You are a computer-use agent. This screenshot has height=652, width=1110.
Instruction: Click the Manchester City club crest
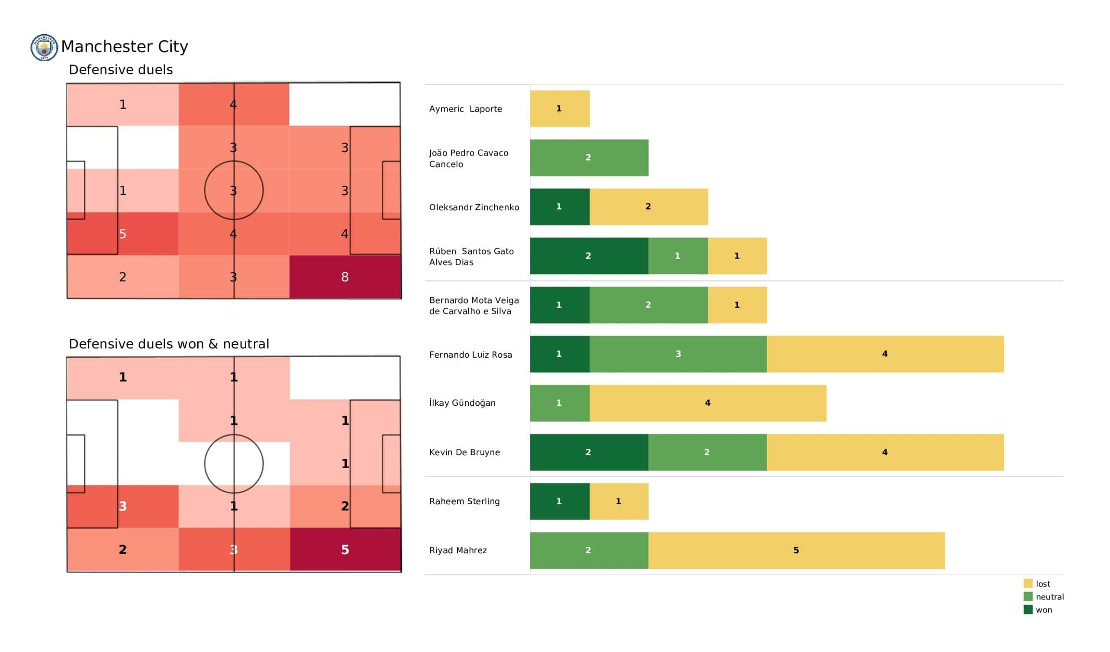[44, 47]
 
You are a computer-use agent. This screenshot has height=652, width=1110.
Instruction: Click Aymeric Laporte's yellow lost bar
[559, 109]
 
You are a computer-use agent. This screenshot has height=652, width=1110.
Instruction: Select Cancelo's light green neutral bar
[589, 158]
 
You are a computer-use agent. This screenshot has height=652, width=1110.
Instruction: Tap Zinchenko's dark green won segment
[559, 207]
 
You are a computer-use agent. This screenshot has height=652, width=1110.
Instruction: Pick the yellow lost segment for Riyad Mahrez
[796, 550]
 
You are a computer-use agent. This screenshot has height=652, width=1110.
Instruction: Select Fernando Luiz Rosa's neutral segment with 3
[678, 354]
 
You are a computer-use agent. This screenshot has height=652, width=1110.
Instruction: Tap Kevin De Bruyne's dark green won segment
[589, 453]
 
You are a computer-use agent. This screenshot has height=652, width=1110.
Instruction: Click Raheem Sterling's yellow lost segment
[618, 501]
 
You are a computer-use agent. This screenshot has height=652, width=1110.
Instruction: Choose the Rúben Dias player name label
[471, 256]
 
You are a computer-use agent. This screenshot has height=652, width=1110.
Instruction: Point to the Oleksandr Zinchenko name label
[474, 208]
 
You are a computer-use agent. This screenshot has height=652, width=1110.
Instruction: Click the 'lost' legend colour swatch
[1028, 584]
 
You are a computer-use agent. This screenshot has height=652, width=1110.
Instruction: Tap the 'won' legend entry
[1044, 610]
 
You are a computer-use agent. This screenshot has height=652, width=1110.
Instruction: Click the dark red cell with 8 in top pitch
[345, 277]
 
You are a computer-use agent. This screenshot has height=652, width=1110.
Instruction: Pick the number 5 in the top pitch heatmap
[123, 234]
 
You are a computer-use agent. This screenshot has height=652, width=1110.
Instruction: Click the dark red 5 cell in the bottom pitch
[345, 550]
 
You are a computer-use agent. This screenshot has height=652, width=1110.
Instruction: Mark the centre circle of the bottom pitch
[234, 463]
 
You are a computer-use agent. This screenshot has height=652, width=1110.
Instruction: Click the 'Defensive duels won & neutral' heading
[169, 344]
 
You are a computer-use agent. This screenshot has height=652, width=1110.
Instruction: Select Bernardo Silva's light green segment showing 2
[648, 305]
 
